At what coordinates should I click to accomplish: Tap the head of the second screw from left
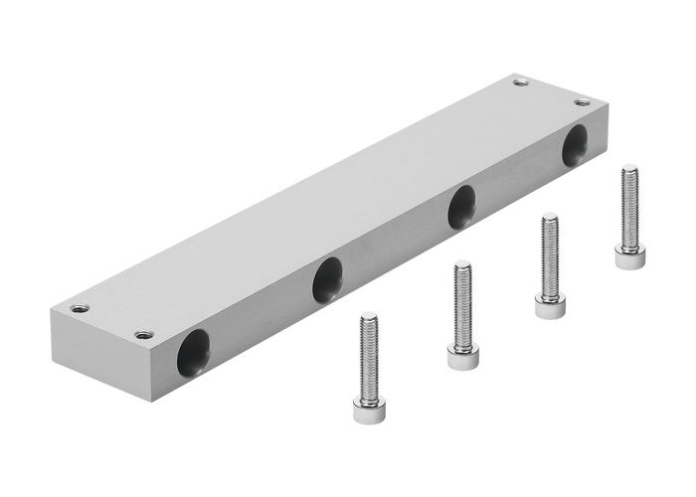[x=462, y=356]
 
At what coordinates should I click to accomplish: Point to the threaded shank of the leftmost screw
[x=369, y=358]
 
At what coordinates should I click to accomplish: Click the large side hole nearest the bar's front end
[x=194, y=353]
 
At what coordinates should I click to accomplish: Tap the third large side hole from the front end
[x=461, y=207]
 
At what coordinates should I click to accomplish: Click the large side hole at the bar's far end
[x=575, y=146]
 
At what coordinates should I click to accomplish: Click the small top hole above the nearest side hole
[x=145, y=334]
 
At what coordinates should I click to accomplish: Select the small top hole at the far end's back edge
[x=520, y=83]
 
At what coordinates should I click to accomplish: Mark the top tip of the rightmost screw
[x=628, y=168]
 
